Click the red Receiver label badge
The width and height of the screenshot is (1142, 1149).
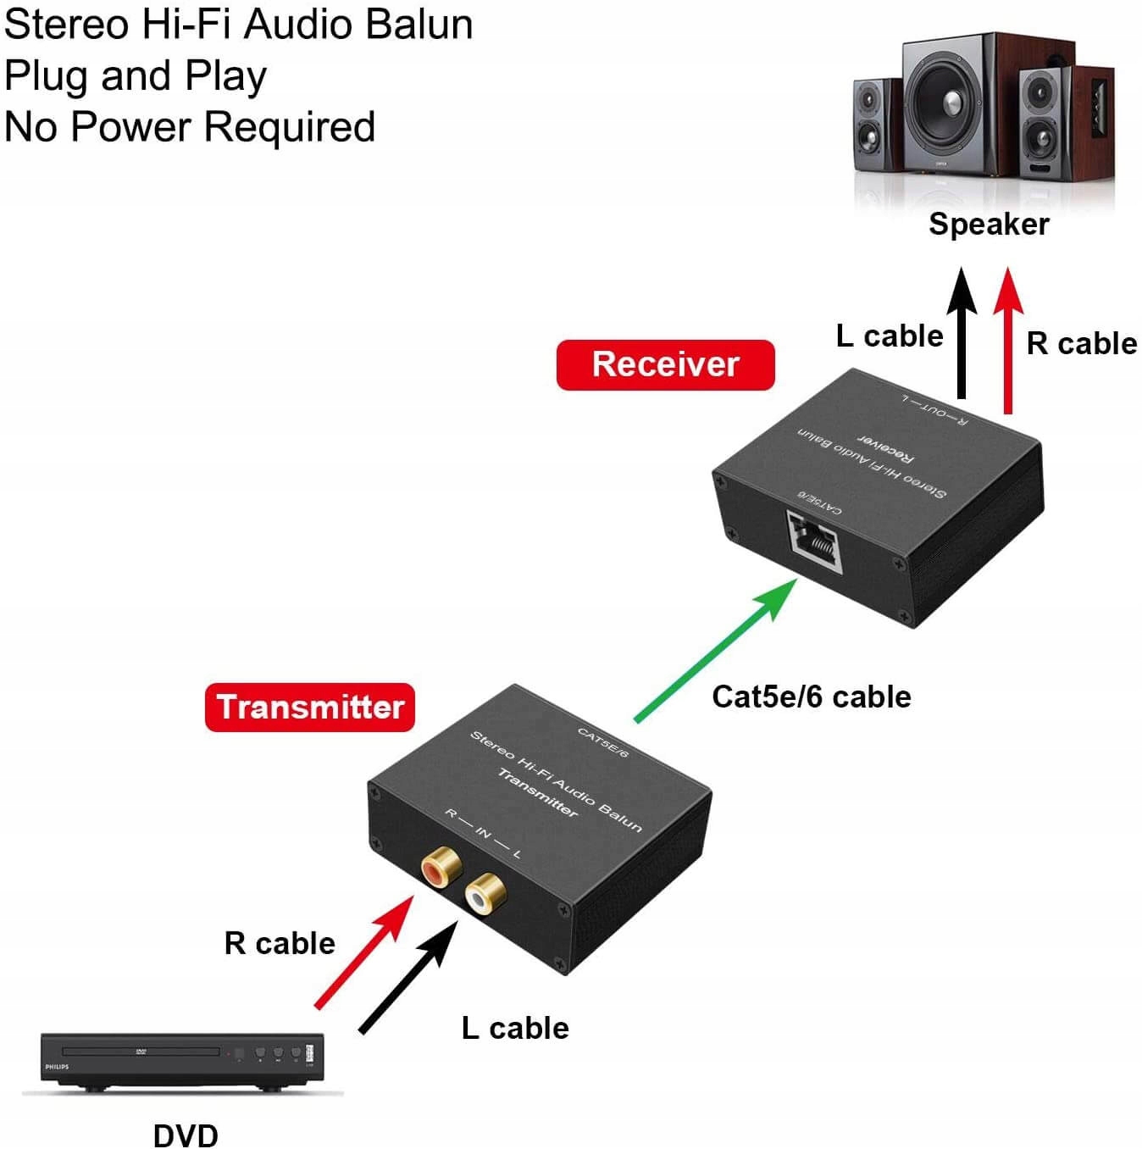point(665,364)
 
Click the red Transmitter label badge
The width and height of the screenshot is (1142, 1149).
point(310,708)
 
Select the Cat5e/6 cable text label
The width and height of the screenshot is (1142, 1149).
point(811,697)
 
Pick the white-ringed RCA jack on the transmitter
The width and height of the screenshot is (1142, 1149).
point(485,892)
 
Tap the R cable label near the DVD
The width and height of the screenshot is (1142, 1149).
point(280,943)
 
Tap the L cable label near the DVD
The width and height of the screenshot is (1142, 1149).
point(515,1028)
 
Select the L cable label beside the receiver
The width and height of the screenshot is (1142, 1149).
point(890,336)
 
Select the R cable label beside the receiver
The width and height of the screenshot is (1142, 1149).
point(1081,343)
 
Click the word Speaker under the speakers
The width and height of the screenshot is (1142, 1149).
point(989,224)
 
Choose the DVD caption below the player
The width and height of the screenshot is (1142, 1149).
point(186,1135)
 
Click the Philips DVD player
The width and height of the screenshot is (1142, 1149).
point(182,1060)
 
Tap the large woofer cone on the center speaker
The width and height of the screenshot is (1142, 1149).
point(947,99)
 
